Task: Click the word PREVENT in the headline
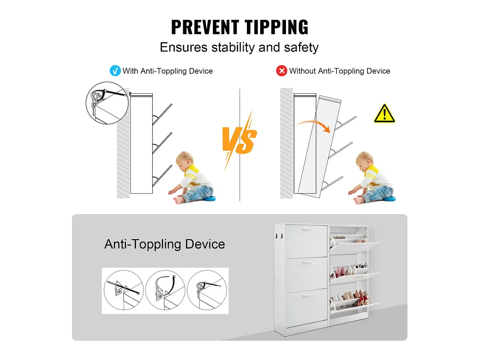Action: [205, 27]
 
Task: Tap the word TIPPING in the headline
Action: [276, 27]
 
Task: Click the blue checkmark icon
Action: [115, 71]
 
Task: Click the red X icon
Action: [281, 71]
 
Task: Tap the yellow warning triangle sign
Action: [384, 114]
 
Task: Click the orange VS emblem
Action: [239, 140]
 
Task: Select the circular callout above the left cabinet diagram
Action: [107, 103]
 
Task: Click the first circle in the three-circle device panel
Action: [124, 290]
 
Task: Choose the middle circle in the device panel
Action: [165, 290]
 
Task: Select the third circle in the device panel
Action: [207, 290]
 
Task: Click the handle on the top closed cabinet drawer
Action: [308, 229]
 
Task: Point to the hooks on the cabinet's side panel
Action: [279, 236]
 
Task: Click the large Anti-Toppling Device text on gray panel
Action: [165, 244]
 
